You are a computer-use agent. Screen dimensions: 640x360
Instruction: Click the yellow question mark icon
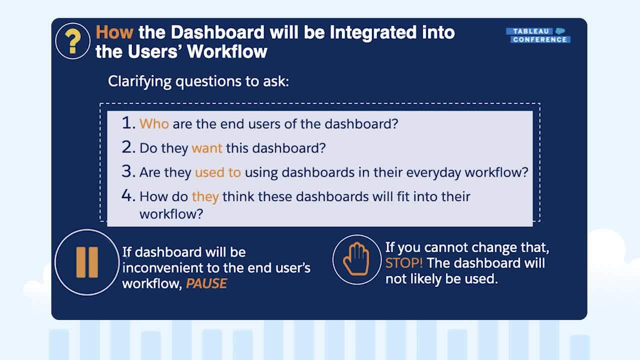[72, 41]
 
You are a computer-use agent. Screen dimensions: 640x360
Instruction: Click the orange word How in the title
[114, 32]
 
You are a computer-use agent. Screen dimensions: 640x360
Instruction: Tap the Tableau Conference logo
[538, 35]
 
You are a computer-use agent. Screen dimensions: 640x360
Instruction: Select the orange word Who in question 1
[154, 124]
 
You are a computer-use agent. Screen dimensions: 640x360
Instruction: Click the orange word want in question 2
[207, 148]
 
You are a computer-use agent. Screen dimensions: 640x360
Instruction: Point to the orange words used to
[217, 172]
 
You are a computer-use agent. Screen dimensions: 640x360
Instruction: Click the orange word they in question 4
[205, 197]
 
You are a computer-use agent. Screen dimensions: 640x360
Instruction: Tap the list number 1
[128, 123]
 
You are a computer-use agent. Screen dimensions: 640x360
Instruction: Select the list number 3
[128, 171]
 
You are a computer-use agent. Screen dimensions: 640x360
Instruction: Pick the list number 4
[128, 195]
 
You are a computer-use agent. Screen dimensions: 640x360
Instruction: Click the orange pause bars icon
[87, 262]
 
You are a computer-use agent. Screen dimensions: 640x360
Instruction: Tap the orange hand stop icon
[356, 259]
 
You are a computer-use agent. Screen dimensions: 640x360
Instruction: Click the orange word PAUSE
[206, 283]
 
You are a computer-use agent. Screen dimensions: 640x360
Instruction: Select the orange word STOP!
[404, 263]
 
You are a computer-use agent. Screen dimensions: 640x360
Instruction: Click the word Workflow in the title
[227, 51]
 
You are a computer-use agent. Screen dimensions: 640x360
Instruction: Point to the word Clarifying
[139, 81]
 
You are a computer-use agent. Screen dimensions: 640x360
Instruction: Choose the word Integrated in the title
[373, 32]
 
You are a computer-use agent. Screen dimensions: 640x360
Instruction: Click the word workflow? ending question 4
[171, 214]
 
